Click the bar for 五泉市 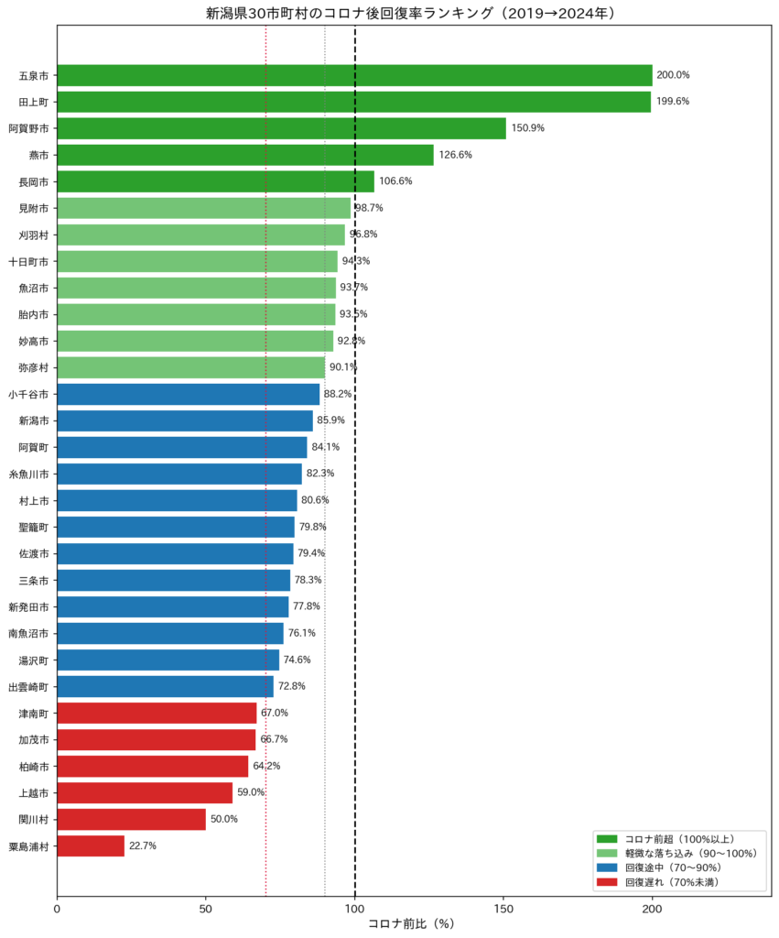tap(354, 75)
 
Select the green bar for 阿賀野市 tap(282, 128)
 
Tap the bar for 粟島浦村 tap(91, 845)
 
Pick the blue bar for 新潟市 tap(185, 420)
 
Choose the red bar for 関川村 tap(132, 820)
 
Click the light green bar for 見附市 tap(204, 208)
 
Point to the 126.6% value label tap(456, 155)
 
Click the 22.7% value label tap(143, 845)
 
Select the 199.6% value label tap(673, 102)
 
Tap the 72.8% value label tap(292, 686)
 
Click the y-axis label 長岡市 tap(34, 182)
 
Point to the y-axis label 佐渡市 tap(34, 554)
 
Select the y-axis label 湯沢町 tap(34, 660)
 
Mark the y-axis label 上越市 tap(34, 793)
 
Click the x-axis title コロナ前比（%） tap(412, 924)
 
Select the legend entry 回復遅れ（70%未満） tap(657, 882)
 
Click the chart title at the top tap(411, 13)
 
